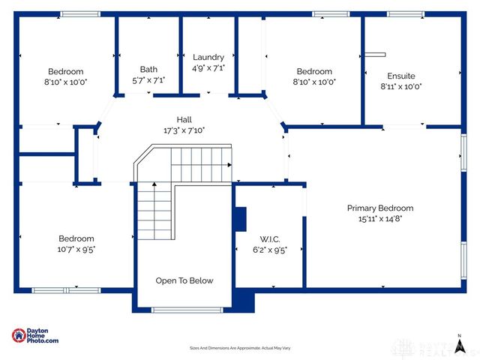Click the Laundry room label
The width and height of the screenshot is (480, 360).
[x=208, y=57]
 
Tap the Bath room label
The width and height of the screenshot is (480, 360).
[x=148, y=69]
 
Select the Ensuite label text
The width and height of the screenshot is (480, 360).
[x=401, y=76]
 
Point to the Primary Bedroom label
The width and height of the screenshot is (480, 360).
[x=379, y=208]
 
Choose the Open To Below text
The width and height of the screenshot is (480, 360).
[x=184, y=280]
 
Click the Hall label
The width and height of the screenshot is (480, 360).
[x=184, y=119]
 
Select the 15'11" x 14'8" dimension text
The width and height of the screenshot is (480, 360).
[x=379, y=219]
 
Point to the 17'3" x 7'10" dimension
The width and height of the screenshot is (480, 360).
[x=184, y=130]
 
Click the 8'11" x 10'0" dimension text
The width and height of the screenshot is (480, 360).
[x=401, y=86]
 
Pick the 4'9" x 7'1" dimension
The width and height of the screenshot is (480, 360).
[x=208, y=67]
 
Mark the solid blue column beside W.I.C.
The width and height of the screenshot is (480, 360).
[x=241, y=218]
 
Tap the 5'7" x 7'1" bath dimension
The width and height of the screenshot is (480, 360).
[x=148, y=80]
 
